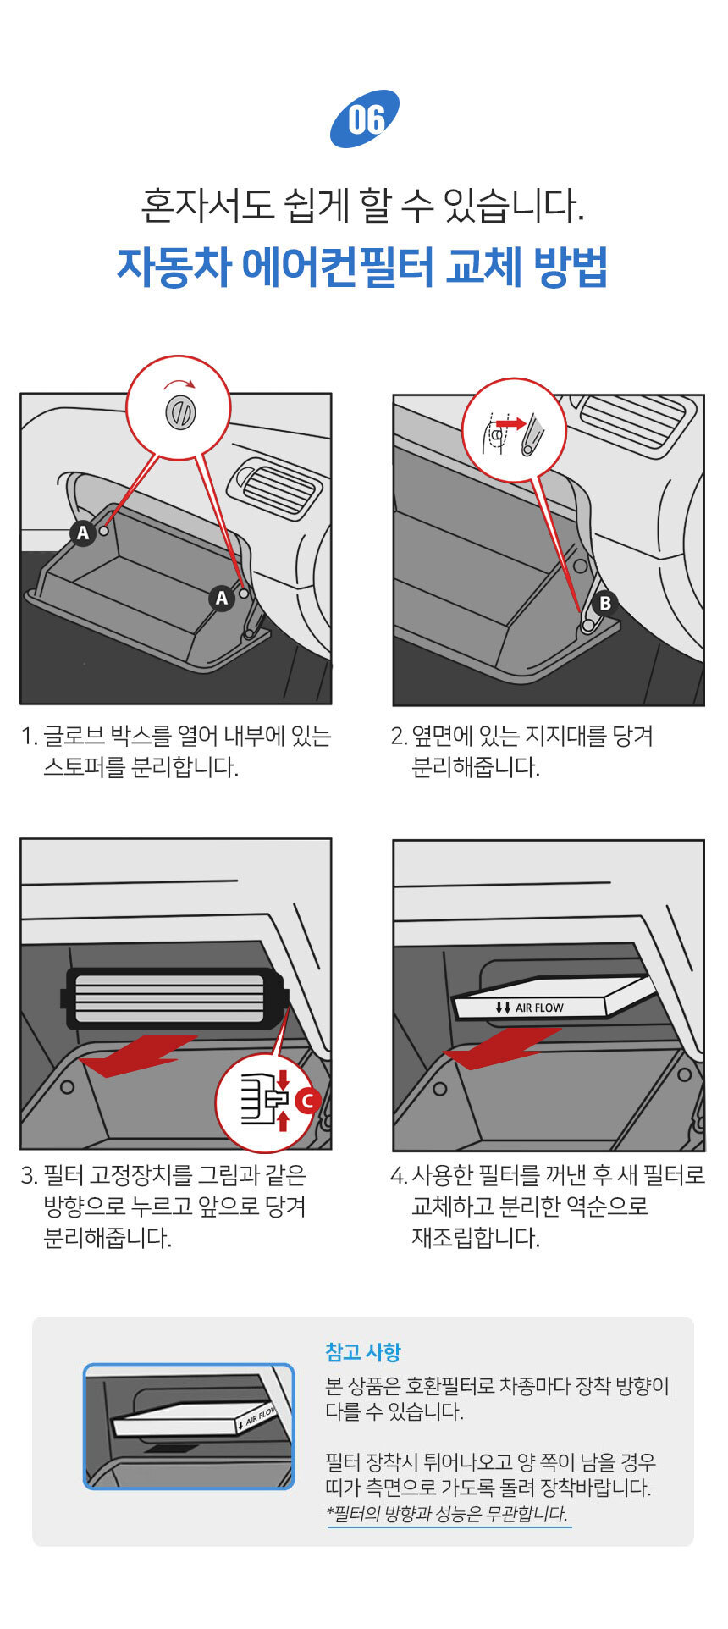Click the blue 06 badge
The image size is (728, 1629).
(x=364, y=119)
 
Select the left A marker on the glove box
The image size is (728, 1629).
(x=83, y=533)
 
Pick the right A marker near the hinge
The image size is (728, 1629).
(x=222, y=599)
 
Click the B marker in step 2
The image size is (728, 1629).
(x=604, y=603)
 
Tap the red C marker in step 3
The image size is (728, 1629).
(x=306, y=1101)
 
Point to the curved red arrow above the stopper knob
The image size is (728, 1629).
(x=179, y=384)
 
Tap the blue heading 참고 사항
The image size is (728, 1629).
(x=363, y=1352)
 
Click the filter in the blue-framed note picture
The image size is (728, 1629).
(x=195, y=1419)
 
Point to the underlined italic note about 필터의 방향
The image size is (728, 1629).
(x=448, y=1514)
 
